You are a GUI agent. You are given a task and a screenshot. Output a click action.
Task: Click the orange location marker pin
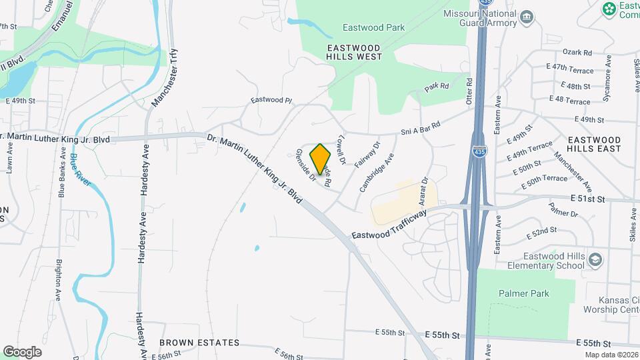[321, 159]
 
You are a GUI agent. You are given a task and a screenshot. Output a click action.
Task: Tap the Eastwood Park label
[373, 28]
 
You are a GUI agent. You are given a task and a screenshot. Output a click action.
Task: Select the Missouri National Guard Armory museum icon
[527, 17]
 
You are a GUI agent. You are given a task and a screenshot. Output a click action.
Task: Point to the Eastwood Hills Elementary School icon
[595, 260]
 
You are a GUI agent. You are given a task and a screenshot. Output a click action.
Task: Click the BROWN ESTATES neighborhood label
[199, 343]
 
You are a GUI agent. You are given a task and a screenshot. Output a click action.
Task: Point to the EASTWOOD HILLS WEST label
[355, 52]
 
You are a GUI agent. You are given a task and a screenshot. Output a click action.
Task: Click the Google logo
[22, 351]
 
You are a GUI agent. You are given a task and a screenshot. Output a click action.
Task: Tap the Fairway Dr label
[367, 154]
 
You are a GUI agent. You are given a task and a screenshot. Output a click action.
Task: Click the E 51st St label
[587, 199]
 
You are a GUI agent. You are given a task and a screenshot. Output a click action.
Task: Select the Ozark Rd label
[577, 52]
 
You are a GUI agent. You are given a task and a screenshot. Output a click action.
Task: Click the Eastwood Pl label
[271, 100]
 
